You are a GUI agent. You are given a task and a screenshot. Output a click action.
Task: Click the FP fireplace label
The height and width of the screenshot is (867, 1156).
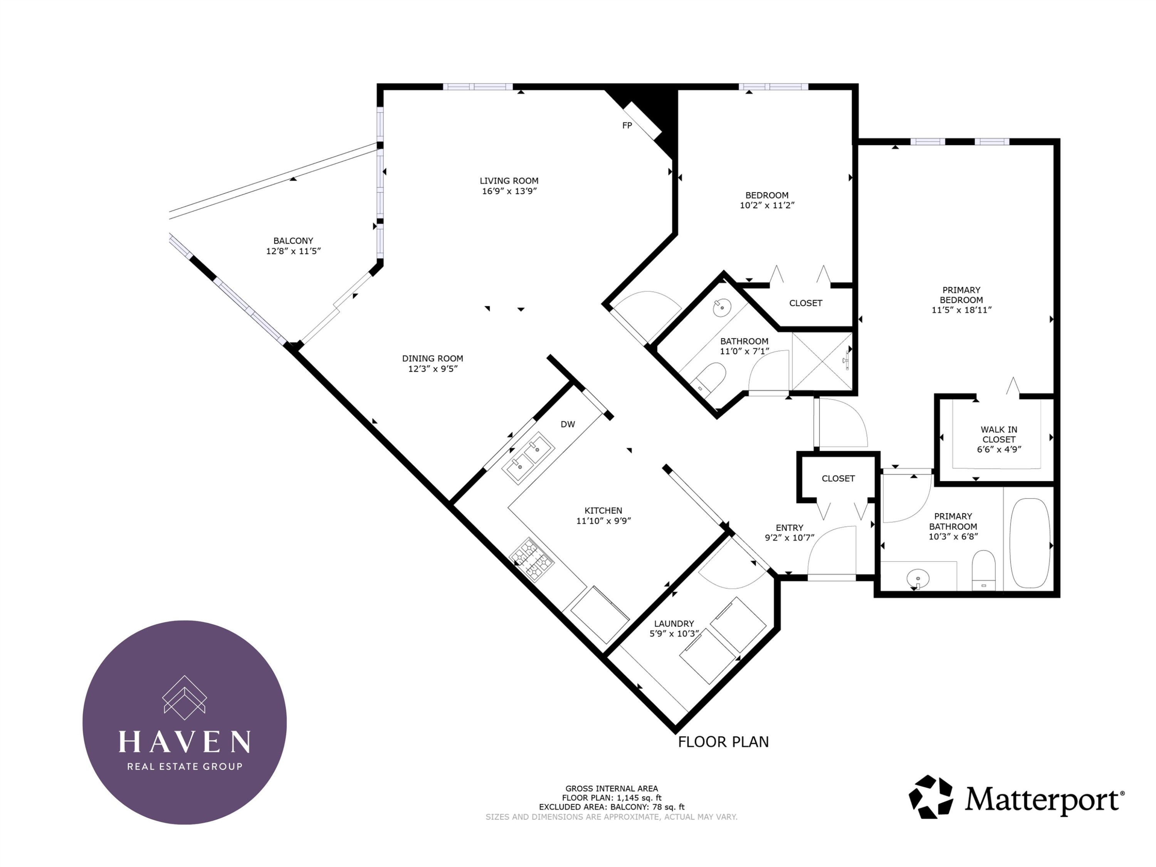[x=627, y=125]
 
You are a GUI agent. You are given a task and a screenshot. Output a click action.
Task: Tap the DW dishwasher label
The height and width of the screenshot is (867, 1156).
[x=568, y=424]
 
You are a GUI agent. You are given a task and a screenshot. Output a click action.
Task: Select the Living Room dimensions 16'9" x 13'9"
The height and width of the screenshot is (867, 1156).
[x=509, y=191]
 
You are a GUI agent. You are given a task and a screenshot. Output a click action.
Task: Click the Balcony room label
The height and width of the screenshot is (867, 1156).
[x=293, y=241]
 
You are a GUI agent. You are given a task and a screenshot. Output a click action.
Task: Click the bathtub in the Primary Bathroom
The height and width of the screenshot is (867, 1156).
[x=1030, y=543]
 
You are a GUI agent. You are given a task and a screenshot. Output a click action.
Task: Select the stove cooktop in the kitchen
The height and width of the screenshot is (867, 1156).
[x=531, y=560]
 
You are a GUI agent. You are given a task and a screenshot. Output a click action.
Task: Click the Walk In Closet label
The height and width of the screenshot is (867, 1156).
[x=999, y=434]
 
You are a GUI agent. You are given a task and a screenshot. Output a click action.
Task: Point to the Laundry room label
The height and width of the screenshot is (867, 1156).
[x=674, y=623]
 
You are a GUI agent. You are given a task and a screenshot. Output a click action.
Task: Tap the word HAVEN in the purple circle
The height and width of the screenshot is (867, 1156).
[x=185, y=742]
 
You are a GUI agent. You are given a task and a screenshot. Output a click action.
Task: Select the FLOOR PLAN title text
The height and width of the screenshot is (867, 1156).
[x=723, y=742]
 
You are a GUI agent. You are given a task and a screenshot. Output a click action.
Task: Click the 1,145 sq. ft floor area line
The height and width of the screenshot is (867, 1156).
[x=612, y=798]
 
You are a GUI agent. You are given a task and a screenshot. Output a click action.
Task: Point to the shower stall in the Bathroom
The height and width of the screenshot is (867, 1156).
[x=822, y=362]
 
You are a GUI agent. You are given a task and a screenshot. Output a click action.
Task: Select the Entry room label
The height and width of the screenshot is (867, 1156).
[x=789, y=528]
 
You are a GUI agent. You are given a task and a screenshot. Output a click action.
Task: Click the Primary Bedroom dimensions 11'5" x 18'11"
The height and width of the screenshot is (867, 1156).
[x=961, y=310]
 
